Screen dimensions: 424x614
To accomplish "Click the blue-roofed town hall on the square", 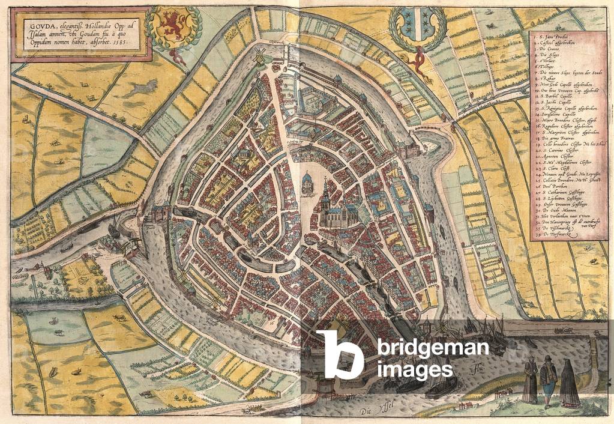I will coord(307,183).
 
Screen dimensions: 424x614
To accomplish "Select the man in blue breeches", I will coord(547,378).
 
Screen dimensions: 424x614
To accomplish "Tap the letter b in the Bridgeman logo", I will coord(340,354).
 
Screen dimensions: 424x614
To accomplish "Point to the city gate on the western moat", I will coord(161,211).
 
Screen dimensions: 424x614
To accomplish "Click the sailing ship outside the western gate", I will coord(114,228).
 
